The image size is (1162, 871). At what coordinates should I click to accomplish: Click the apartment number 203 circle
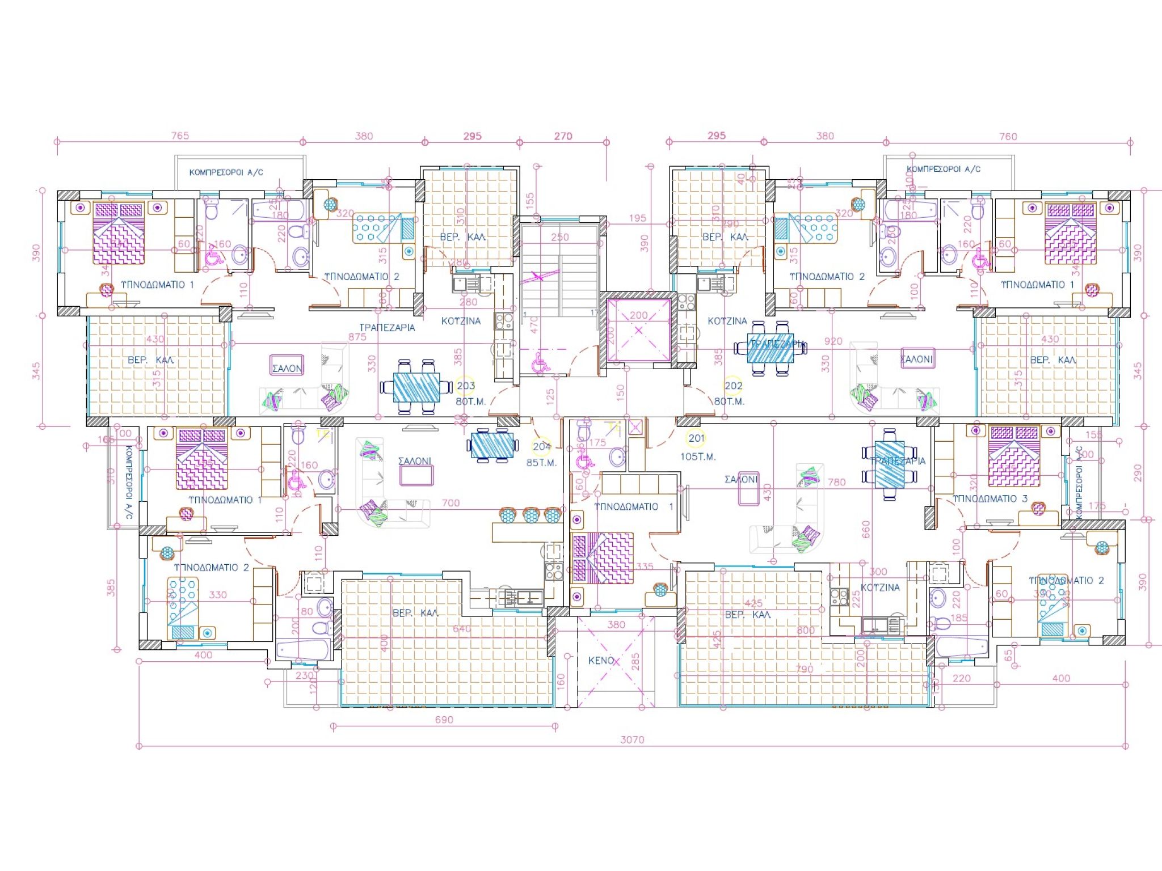click(x=466, y=386)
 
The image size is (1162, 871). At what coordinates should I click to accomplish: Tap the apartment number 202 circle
click(x=733, y=386)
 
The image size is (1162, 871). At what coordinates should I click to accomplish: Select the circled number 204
click(x=542, y=446)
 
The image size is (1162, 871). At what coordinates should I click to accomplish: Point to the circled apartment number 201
click(x=696, y=438)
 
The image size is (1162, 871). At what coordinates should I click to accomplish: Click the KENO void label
click(x=601, y=660)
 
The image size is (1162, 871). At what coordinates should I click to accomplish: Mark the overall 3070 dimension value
click(x=632, y=739)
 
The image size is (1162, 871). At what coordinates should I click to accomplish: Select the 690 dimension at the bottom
click(x=444, y=720)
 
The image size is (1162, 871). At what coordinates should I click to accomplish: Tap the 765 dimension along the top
click(x=180, y=136)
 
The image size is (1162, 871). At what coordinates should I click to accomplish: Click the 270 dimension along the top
click(x=563, y=136)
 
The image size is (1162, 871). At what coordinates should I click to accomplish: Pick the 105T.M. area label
click(x=698, y=456)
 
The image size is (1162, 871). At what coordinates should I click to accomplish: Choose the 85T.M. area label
click(x=541, y=463)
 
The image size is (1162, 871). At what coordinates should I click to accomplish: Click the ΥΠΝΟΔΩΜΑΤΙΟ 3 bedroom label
click(x=990, y=498)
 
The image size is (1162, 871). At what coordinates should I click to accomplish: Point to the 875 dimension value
click(x=357, y=337)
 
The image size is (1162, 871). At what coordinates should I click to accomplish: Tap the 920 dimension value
click(x=833, y=341)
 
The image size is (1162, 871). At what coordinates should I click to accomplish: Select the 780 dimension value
click(x=836, y=482)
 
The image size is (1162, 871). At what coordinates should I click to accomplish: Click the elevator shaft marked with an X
click(x=638, y=329)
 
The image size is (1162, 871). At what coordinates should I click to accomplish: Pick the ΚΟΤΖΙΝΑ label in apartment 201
click(x=880, y=587)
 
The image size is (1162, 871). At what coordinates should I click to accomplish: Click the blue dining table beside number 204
click(x=493, y=445)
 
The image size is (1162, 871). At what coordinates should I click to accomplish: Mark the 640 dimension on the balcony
click(x=462, y=628)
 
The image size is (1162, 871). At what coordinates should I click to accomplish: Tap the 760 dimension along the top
click(x=1008, y=136)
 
